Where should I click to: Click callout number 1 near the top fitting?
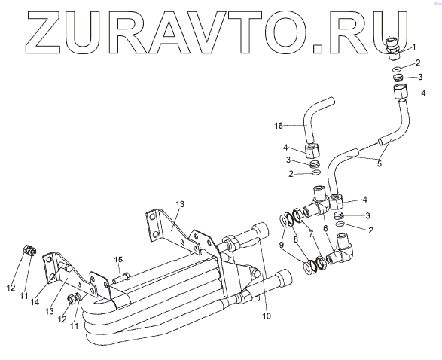click(414, 47)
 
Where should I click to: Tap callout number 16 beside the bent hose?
click(279, 126)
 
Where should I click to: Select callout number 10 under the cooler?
click(267, 316)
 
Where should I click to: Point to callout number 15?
click(118, 259)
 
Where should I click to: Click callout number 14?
click(35, 302)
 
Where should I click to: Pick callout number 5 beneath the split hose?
click(380, 163)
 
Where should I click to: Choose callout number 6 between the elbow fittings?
click(325, 228)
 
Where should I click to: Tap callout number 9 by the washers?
click(282, 245)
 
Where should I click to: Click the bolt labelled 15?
click(121, 278)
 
